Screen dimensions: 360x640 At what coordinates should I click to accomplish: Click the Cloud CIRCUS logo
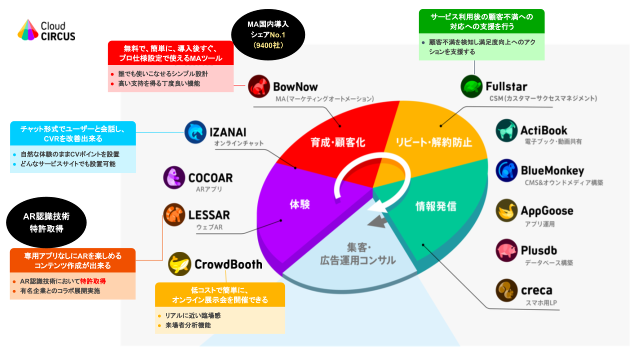(x=46, y=30)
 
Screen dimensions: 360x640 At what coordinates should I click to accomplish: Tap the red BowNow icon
(x=259, y=86)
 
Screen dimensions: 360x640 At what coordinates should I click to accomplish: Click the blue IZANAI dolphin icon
(x=196, y=132)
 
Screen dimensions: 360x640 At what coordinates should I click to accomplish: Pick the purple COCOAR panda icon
(x=174, y=178)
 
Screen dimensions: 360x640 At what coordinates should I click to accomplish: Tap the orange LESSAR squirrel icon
(x=174, y=215)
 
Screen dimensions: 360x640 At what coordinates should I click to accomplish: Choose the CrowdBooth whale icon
(x=180, y=264)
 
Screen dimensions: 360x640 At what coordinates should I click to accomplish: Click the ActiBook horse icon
(x=507, y=130)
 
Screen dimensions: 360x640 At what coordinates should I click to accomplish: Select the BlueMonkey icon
(x=507, y=170)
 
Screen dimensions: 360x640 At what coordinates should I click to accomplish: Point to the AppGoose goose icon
(x=507, y=210)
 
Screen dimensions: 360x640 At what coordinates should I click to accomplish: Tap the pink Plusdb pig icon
(x=507, y=250)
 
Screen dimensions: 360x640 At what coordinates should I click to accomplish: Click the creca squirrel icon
(x=507, y=290)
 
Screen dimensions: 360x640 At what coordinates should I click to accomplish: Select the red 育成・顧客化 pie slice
(x=338, y=142)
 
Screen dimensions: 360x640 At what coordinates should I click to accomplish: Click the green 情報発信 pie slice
(x=436, y=207)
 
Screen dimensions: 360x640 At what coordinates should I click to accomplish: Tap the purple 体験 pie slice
(x=298, y=204)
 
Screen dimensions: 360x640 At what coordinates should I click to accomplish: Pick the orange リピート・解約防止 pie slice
(x=433, y=142)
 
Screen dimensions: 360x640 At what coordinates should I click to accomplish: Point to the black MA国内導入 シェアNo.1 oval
(x=268, y=34)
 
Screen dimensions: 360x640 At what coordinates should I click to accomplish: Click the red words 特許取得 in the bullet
(x=93, y=281)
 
